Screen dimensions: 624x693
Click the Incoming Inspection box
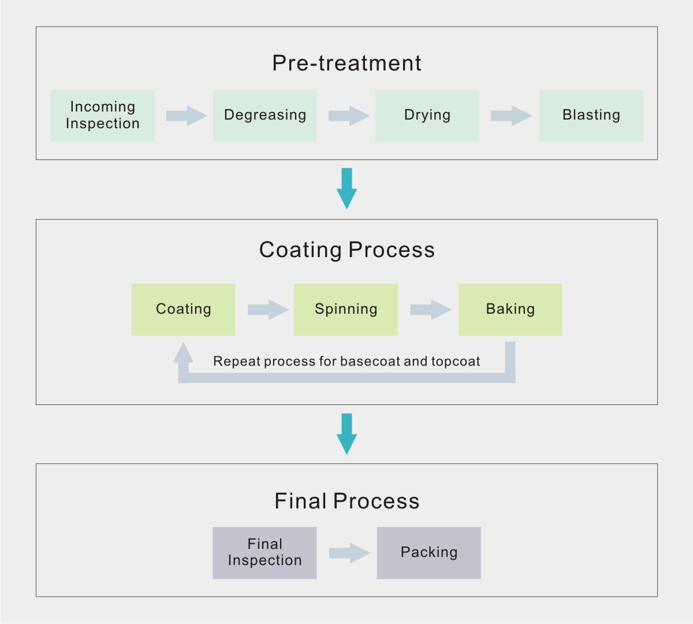coord(102,116)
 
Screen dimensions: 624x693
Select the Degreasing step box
coord(264,116)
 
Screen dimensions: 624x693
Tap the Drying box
coord(427,116)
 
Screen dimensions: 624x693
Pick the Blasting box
coord(591,116)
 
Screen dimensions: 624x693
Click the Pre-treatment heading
coord(346,63)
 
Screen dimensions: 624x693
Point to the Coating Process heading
coord(346,250)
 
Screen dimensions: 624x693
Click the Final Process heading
coord(346,501)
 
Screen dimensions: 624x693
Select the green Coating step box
coord(183,309)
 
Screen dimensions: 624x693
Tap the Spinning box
coord(345,309)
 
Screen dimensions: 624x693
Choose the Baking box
coord(510,309)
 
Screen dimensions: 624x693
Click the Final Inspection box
coord(264,552)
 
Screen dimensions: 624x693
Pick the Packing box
coord(429,552)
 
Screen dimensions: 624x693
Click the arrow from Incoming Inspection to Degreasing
coord(186,116)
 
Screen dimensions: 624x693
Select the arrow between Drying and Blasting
coord(511,116)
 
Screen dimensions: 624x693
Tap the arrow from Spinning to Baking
coord(430,310)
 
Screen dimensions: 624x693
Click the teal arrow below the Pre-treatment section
coord(346,188)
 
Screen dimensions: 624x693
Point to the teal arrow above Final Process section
coord(346,433)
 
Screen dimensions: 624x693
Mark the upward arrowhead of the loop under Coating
coord(183,353)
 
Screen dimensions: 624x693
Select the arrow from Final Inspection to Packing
coord(349,553)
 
